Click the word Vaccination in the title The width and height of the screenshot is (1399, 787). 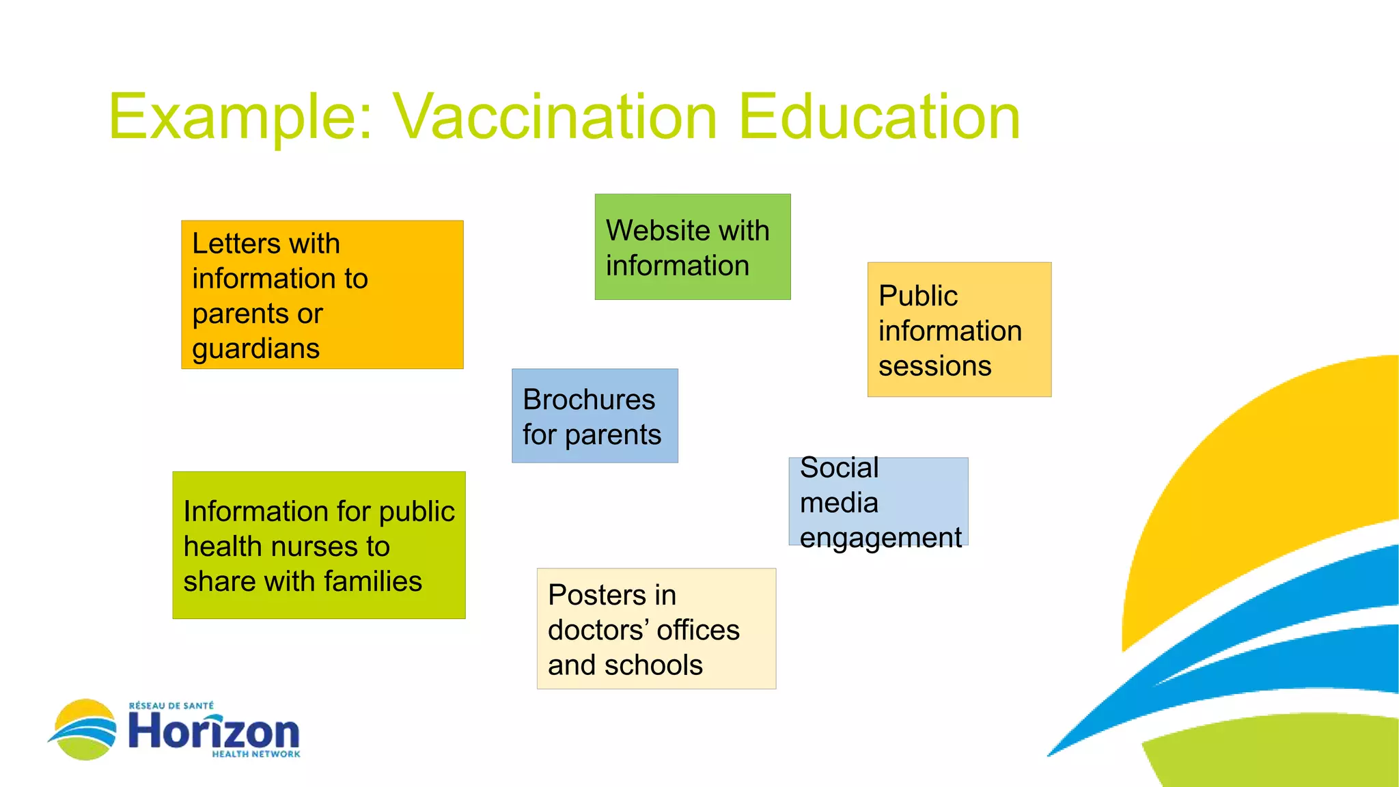point(555,118)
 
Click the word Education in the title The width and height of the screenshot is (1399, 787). point(879,118)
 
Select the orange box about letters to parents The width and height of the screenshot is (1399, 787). point(322,294)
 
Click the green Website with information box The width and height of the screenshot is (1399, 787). point(692,247)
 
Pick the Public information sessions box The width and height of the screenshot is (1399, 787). point(959,329)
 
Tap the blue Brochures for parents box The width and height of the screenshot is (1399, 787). point(594,416)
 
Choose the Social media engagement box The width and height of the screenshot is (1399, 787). point(878,501)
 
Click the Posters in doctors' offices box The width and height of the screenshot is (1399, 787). point(656,629)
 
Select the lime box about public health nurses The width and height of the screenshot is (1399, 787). point(318,545)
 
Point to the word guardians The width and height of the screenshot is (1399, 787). point(255,349)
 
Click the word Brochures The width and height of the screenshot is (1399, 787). point(588,400)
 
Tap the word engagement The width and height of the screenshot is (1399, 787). point(880,538)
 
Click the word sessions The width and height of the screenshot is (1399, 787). point(934,366)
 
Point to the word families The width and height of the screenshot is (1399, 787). point(373,581)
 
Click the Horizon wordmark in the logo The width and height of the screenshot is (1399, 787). point(214,732)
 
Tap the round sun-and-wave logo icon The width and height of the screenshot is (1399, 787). point(85,730)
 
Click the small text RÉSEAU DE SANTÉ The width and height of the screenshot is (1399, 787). point(171,706)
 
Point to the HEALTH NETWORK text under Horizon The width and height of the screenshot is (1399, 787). point(255,754)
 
